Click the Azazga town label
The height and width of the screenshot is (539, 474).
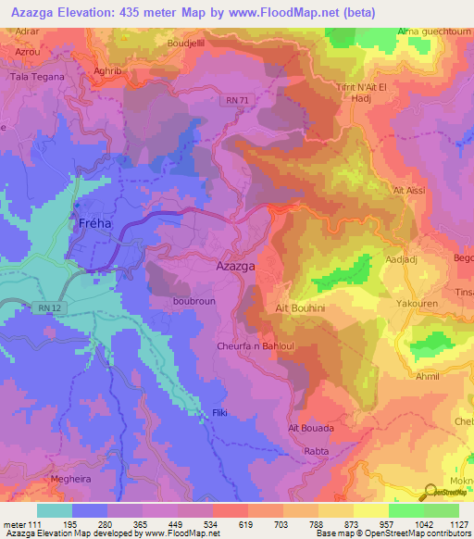[235, 266]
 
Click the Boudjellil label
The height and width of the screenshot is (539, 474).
[191, 43]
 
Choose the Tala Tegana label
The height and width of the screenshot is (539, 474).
[37, 77]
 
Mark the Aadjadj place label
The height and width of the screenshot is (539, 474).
[400, 260]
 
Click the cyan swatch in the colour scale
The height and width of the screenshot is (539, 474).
[55, 510]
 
